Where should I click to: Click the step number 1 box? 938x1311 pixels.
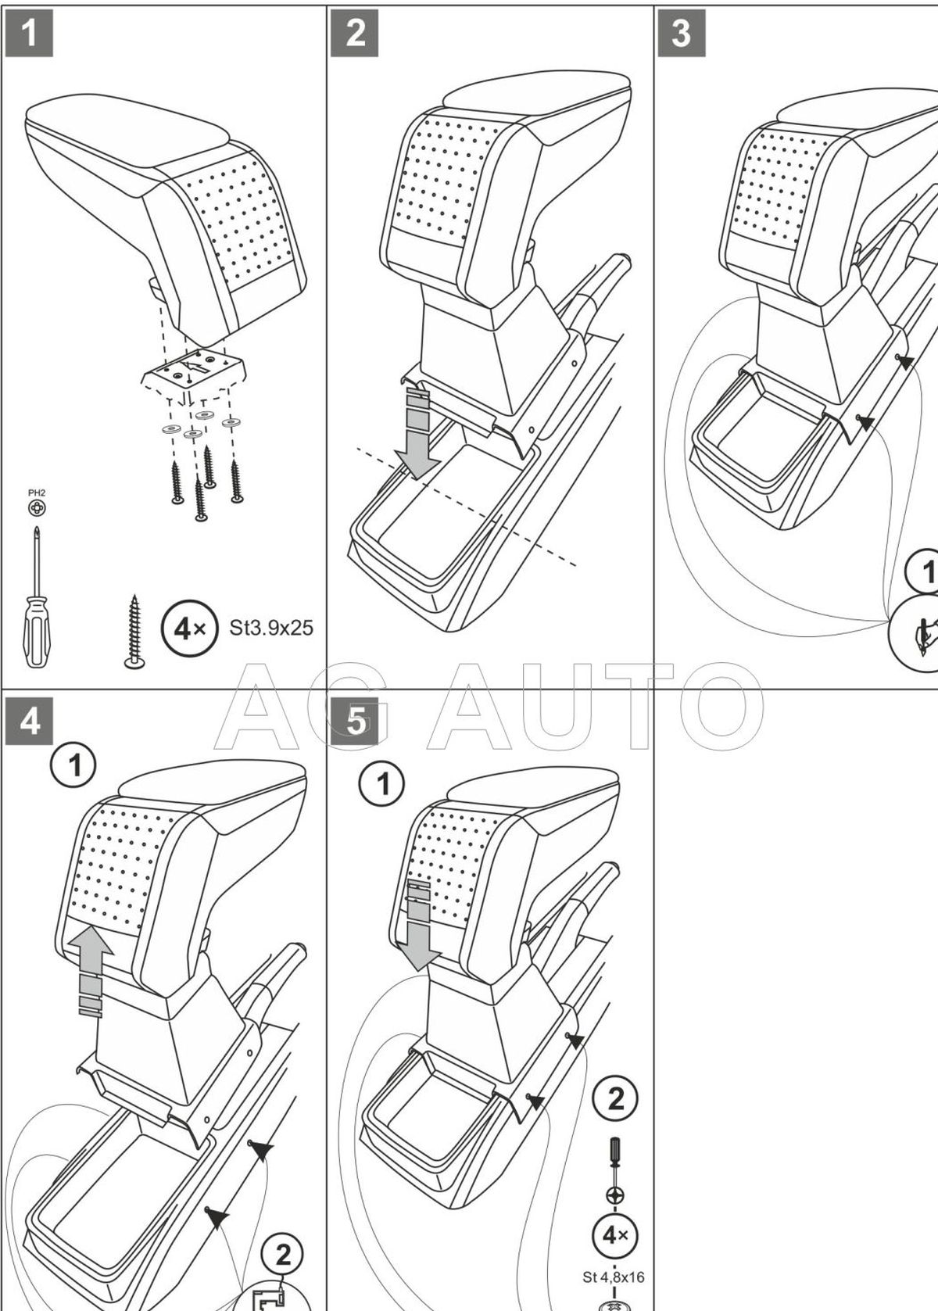tap(29, 33)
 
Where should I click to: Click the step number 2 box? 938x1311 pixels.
tap(355, 33)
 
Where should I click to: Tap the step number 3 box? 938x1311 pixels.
tap(681, 33)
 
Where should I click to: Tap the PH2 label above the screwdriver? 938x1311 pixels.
tap(36, 493)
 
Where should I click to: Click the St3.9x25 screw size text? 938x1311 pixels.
tap(271, 627)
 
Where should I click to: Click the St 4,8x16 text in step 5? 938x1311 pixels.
tap(614, 1277)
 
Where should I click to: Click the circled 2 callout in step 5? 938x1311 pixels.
tap(616, 1099)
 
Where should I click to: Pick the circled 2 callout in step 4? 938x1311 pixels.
tap(282, 1255)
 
